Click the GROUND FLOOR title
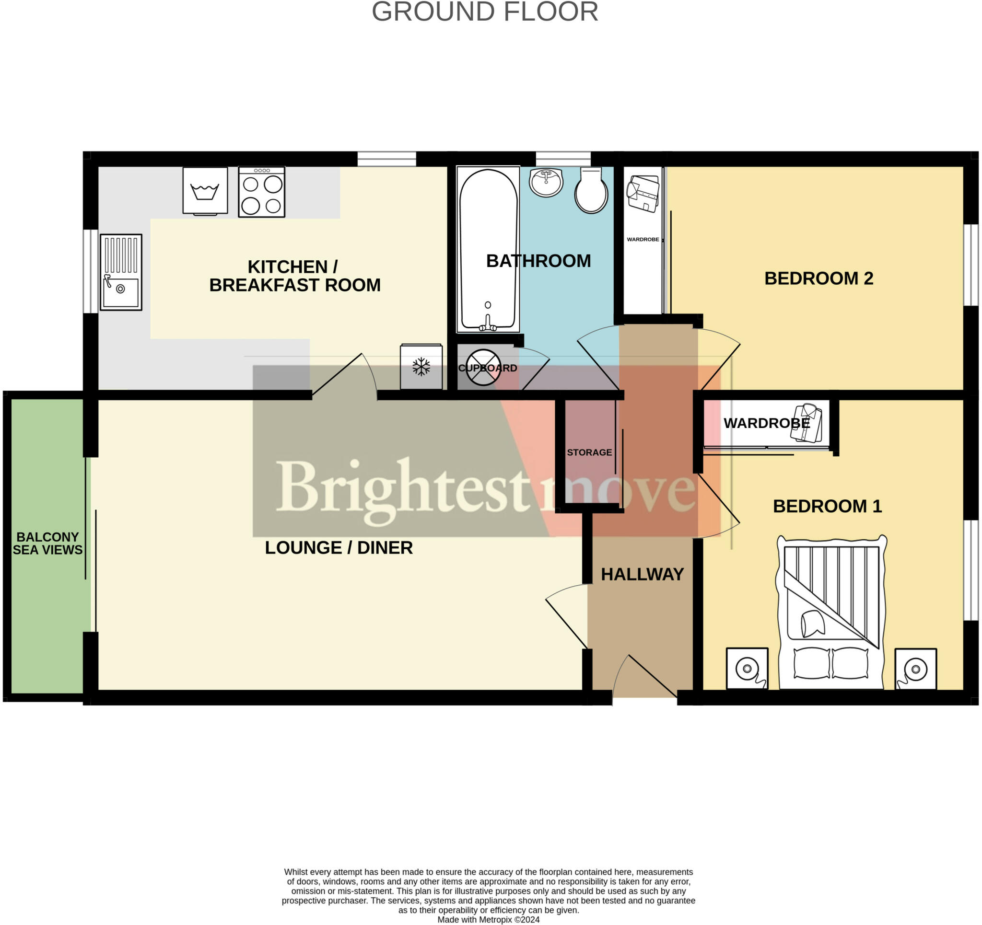pos(485,12)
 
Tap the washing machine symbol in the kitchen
pos(205,191)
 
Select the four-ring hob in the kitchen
pos(261,192)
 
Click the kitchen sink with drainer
pos(121,272)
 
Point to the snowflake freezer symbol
pos(421,367)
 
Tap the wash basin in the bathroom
pos(546,181)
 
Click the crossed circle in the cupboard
pos(483,368)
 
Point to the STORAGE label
pos(589,452)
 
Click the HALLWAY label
pos(642,574)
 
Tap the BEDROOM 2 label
pos(818,278)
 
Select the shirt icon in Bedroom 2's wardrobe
pos(643,194)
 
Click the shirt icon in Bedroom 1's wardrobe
pos(806,423)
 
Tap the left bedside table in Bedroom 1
pos(747,668)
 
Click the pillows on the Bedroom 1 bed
pos(831,663)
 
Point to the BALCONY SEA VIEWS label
pos(47,543)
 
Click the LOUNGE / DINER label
pos(339,548)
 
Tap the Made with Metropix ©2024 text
pos(488,920)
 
